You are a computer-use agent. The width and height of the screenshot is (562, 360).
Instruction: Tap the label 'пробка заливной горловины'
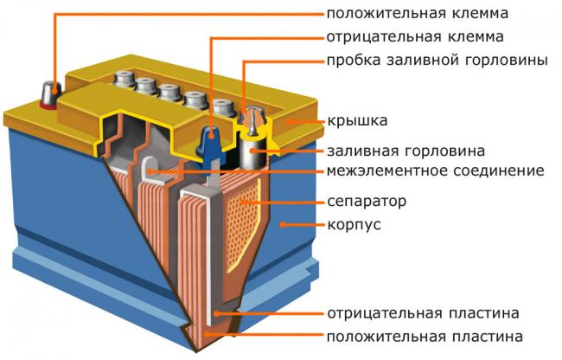click(437, 61)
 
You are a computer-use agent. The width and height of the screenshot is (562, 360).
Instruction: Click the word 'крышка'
click(356, 119)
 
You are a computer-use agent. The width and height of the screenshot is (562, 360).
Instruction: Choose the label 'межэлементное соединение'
click(435, 170)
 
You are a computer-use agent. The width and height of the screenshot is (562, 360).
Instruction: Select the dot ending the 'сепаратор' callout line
click(245, 202)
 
